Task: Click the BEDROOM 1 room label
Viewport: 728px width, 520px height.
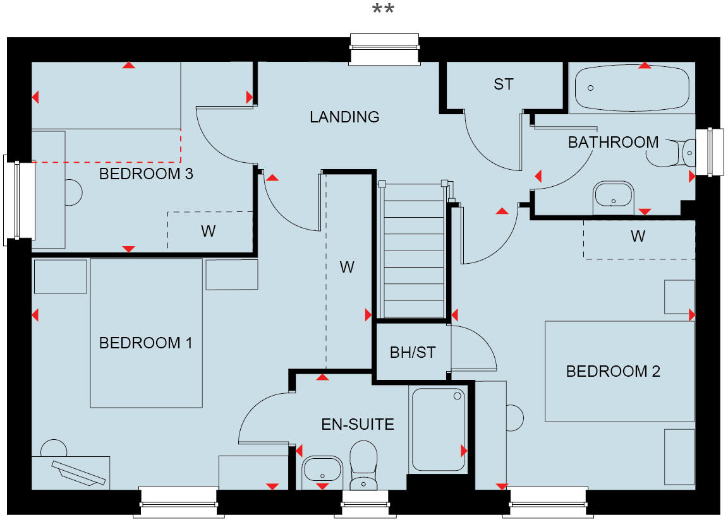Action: tap(145, 343)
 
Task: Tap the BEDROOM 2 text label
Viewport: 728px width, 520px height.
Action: tap(612, 371)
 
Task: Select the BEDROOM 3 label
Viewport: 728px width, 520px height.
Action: tap(145, 174)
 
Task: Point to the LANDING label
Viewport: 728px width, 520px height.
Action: tap(344, 117)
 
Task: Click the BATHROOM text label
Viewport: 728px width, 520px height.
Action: tap(613, 143)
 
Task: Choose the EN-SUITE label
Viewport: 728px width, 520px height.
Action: tap(358, 424)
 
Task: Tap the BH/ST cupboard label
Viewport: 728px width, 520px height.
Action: tap(413, 352)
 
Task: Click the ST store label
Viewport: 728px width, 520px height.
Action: tap(504, 84)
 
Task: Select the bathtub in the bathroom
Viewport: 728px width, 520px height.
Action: tap(632, 88)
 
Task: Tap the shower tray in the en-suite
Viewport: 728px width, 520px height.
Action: tap(438, 429)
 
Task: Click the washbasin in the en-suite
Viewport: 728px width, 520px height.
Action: tap(322, 470)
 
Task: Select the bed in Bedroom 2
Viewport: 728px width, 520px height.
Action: tap(619, 371)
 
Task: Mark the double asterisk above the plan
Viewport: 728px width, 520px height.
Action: tap(384, 11)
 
